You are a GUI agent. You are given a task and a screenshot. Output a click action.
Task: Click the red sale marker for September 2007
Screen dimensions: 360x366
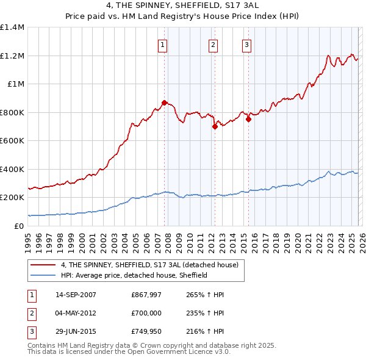point(164,103)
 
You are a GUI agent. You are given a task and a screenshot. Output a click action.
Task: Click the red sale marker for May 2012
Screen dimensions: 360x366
point(215,127)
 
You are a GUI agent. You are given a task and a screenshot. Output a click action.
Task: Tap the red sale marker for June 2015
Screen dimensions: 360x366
point(248,120)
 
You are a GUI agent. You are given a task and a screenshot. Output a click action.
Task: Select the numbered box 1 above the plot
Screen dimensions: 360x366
point(163,44)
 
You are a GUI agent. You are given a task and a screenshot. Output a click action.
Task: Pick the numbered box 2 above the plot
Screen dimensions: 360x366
point(213,44)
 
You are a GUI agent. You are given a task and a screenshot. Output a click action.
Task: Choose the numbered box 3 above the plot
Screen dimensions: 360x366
point(246,44)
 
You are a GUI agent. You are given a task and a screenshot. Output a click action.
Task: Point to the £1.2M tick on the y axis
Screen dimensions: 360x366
point(12,56)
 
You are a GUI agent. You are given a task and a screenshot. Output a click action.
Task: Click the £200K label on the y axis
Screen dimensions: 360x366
point(12,198)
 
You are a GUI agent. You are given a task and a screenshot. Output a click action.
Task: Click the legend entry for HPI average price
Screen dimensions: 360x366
point(134,276)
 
